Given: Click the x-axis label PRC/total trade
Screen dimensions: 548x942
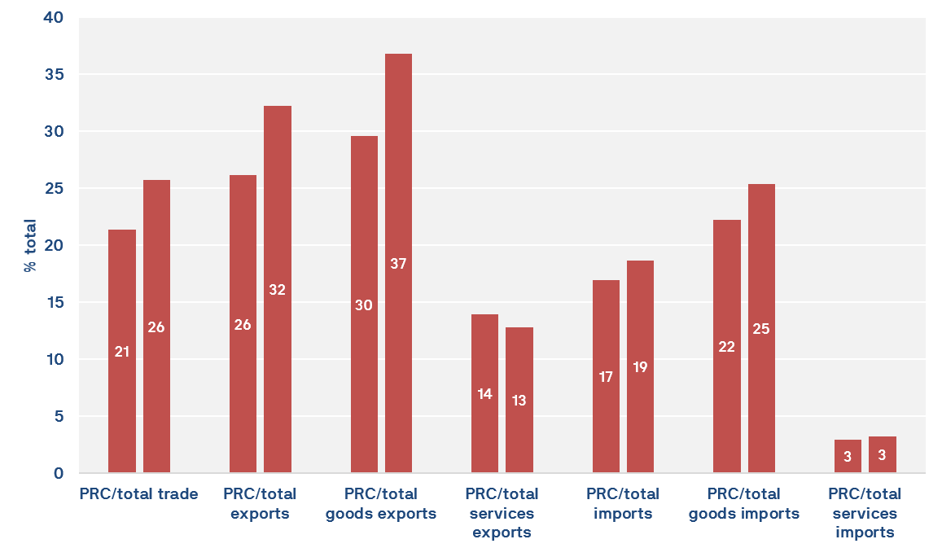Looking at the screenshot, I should pyautogui.click(x=138, y=494).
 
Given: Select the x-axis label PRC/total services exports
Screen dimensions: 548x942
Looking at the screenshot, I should pyautogui.click(x=502, y=513).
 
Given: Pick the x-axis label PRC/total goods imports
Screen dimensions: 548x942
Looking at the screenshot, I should pyautogui.click(x=744, y=504).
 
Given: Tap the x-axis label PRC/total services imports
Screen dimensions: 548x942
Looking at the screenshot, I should pyautogui.click(x=865, y=513).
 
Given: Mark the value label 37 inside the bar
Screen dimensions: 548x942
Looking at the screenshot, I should pyautogui.click(x=398, y=264).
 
